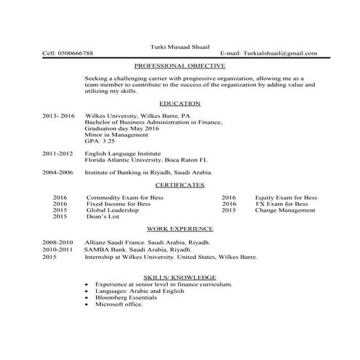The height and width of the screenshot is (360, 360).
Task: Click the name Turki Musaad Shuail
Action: pos(180,46)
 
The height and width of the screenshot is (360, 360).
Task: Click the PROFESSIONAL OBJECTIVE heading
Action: pos(180,65)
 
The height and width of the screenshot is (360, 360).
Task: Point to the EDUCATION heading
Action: pos(180,104)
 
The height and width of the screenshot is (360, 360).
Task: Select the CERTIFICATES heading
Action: pos(180,185)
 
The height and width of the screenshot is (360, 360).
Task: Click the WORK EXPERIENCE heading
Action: pos(180,228)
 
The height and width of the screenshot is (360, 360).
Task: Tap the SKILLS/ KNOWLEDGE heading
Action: pos(180,277)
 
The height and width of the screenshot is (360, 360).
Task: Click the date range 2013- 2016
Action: pos(59,116)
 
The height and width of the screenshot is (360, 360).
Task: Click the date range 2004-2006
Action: pos(57,173)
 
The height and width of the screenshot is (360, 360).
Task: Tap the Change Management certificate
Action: pos(286,210)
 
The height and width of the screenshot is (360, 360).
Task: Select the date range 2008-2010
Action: pos(57,241)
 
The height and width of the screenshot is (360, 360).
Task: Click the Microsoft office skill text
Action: pos(119,304)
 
